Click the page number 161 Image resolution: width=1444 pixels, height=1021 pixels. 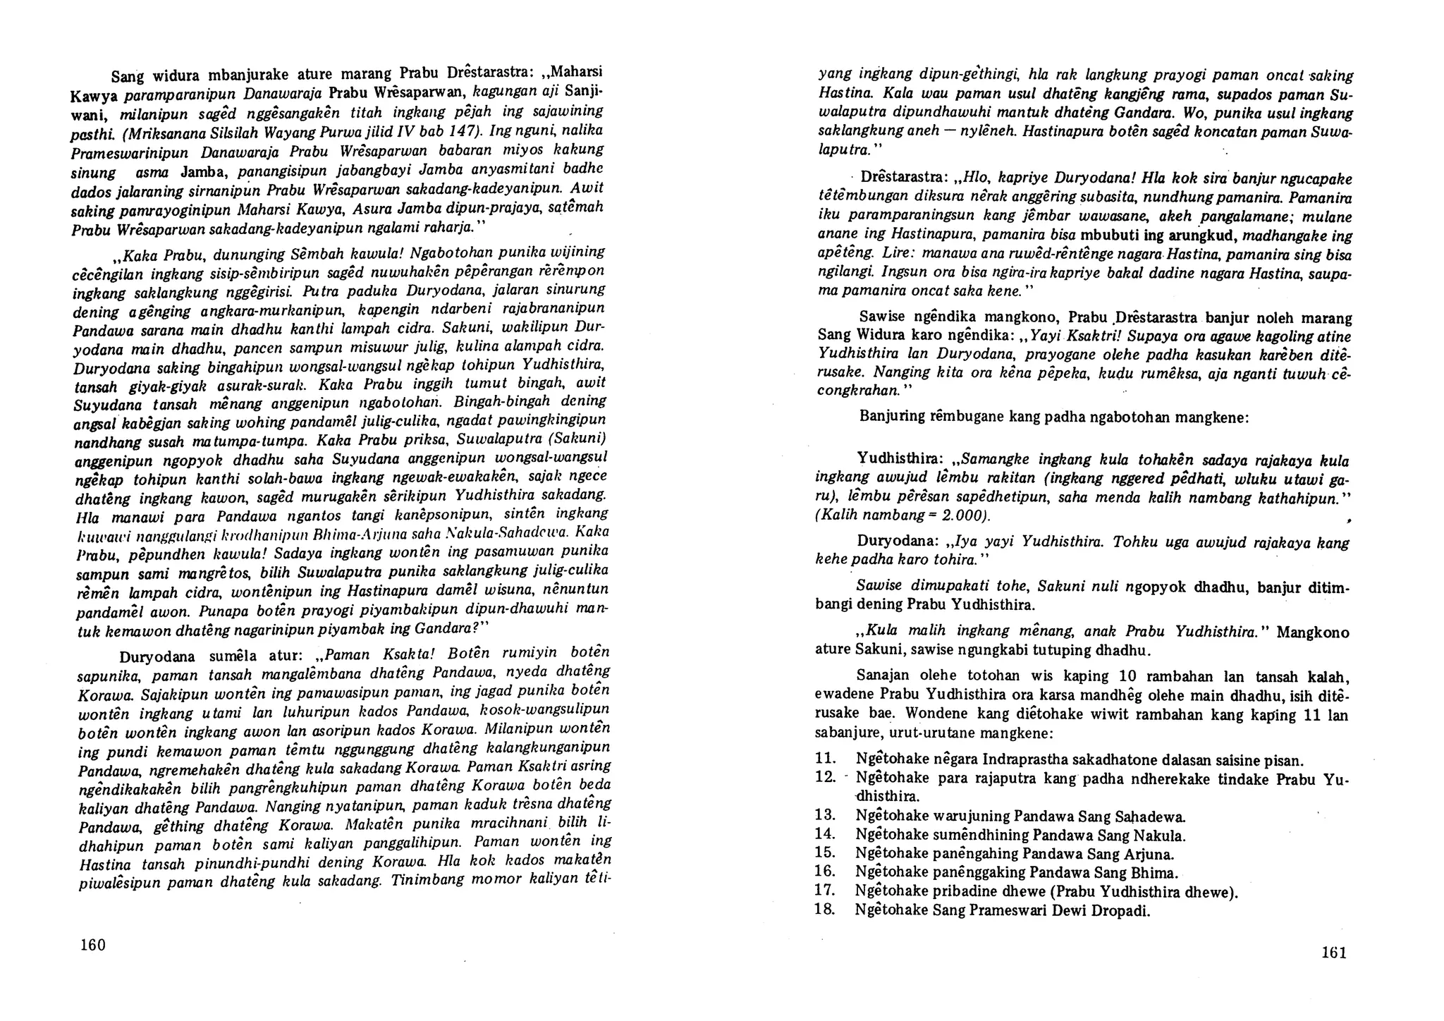[x=1333, y=953]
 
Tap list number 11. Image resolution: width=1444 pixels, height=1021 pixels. [x=825, y=760]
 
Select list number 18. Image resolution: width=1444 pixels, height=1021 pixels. [x=825, y=910]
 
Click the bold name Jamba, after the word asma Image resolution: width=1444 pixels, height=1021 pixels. [x=203, y=171]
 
